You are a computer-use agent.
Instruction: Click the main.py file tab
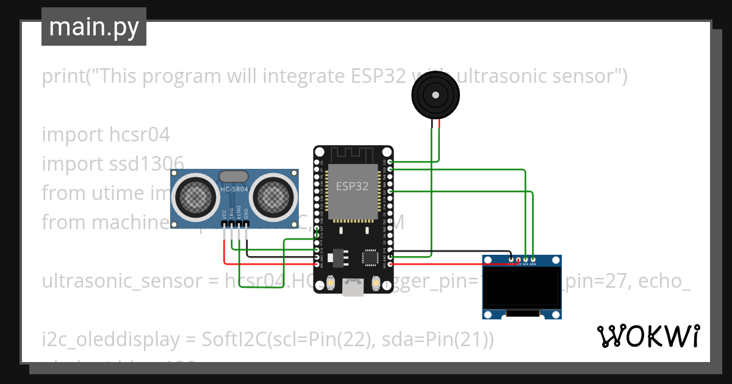[93, 27]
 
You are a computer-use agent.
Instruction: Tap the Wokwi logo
[647, 336]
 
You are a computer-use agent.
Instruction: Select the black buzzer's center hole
[435, 95]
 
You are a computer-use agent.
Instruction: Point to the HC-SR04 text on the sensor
[234, 190]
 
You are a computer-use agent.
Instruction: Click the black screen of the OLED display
[522, 287]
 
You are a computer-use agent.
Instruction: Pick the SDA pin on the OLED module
[533, 261]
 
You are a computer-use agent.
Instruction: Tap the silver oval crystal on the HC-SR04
[234, 176]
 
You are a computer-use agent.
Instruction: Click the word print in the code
[63, 77]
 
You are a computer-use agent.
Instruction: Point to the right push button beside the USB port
[376, 283]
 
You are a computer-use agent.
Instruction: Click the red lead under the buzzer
[438, 125]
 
